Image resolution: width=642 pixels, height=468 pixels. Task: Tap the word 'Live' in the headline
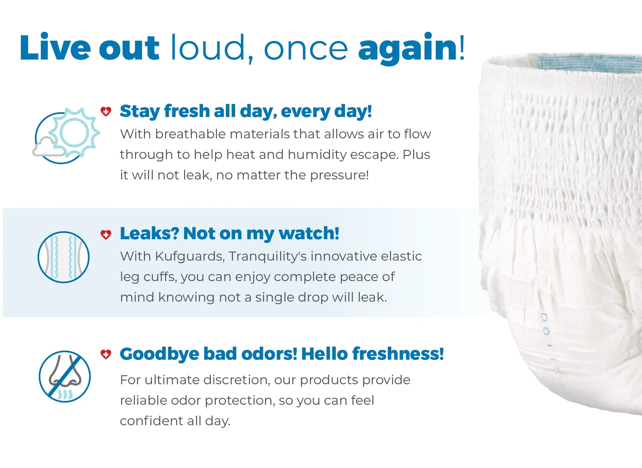[55, 47]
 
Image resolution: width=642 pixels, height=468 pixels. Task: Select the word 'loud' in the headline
[208, 47]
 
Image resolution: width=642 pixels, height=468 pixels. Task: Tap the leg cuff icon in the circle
[64, 257]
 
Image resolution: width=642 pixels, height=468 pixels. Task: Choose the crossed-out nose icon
[65, 376]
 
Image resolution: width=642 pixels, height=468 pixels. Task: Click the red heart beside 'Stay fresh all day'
[106, 111]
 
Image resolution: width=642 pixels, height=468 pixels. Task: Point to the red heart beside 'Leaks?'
[106, 234]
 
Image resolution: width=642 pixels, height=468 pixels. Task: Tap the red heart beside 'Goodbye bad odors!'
[106, 354]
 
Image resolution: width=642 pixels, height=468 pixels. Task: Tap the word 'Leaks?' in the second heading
[149, 233]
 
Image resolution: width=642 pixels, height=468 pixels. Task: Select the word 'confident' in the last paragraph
[151, 421]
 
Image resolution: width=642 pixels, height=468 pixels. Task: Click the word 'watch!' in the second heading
[309, 233]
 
